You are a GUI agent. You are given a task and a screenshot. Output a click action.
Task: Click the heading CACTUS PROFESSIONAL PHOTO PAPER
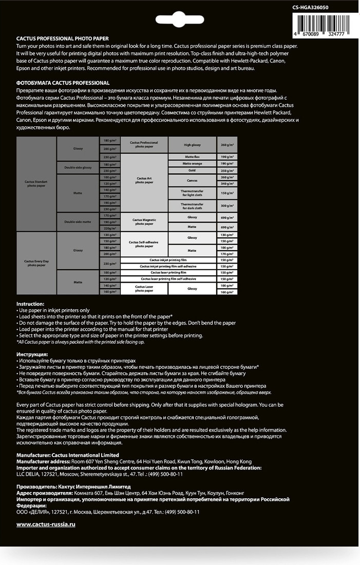63,39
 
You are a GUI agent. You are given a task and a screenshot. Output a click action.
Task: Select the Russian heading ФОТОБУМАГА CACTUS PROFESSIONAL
63,83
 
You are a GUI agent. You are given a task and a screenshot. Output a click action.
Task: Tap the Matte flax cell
192,157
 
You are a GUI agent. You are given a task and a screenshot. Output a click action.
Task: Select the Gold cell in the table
192,171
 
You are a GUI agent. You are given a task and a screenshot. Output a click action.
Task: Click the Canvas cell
192,181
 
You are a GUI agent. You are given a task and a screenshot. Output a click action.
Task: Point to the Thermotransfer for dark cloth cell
192,205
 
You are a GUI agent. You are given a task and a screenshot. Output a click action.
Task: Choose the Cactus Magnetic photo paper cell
144,221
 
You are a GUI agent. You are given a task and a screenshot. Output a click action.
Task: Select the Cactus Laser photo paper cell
144,289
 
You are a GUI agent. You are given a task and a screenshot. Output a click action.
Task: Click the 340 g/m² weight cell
227,184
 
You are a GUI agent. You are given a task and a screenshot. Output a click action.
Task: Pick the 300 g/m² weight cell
227,205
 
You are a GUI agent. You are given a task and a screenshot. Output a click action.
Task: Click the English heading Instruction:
30,304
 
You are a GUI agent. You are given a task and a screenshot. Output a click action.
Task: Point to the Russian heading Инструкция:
32,354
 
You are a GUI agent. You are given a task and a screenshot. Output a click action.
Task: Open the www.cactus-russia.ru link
46,524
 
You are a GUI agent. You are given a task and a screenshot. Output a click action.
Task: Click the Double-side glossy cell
78,167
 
